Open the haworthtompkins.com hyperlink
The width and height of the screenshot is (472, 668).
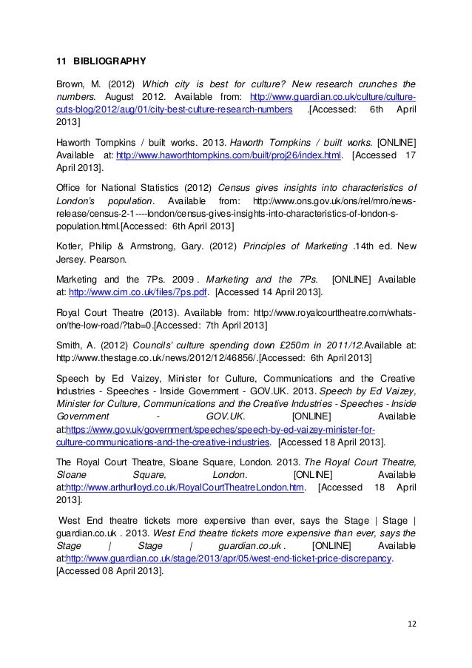click(x=225, y=155)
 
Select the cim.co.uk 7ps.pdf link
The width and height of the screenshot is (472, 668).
click(x=138, y=292)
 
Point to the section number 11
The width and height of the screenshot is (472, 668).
click(x=62, y=61)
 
